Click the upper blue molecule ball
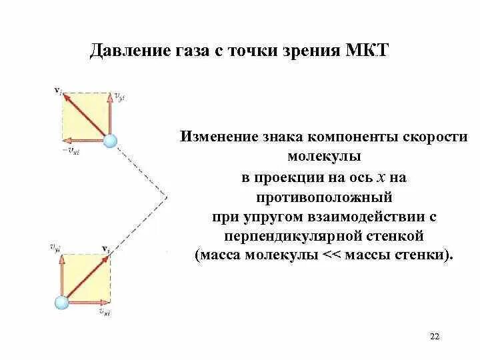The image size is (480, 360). pos(109,140)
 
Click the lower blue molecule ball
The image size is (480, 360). pos(62,301)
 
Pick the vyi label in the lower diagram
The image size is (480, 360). pos(55,249)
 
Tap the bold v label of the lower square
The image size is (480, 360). pos(105,249)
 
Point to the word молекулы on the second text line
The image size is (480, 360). pos(324,157)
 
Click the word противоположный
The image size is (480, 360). pos(324,197)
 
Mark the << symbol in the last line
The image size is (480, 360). pos(331,256)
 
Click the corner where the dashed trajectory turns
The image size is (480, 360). pos(167,197)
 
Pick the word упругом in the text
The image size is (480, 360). pos(263,217)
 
